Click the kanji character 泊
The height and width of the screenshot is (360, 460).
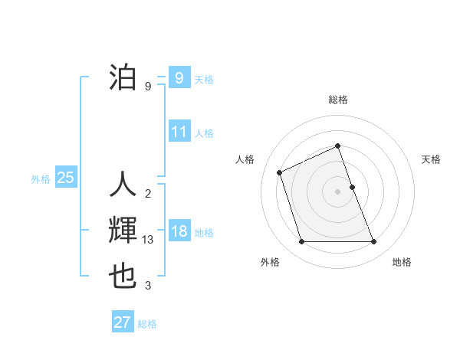(x=123, y=78)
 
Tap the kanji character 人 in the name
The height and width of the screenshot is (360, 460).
(x=123, y=185)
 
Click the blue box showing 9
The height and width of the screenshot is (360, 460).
(x=179, y=78)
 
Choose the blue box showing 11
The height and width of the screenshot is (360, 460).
(x=179, y=132)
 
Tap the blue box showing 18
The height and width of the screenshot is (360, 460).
(x=179, y=231)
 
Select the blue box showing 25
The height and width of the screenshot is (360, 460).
(x=65, y=178)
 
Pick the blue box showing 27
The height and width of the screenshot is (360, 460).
(x=123, y=322)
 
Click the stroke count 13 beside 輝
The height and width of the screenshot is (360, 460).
(x=149, y=240)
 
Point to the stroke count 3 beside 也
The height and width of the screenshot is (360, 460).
(x=148, y=286)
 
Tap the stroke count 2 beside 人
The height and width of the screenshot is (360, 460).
(x=148, y=192)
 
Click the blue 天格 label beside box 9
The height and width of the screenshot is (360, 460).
(x=204, y=79)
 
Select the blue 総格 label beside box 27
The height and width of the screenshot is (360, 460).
(x=147, y=323)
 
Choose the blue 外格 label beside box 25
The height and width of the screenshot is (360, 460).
(x=41, y=179)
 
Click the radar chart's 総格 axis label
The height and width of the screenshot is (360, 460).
(x=338, y=100)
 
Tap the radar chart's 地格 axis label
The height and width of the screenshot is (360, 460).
(x=402, y=262)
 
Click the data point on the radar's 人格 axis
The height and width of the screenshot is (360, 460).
(x=280, y=172)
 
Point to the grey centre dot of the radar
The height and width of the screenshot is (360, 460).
(x=338, y=191)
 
